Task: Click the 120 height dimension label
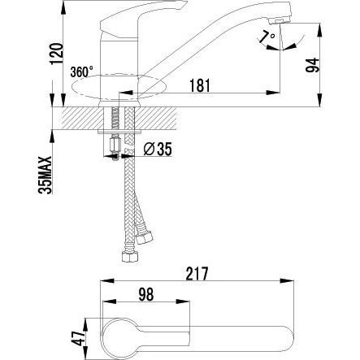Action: coord(56,54)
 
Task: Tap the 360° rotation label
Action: coord(81,72)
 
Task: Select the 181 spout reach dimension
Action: coord(200,85)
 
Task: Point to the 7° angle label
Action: coord(267,37)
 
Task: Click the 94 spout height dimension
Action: coord(313,65)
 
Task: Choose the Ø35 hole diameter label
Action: coord(158,149)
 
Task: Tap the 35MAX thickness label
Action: coord(46,175)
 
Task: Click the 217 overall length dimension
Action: coord(197,274)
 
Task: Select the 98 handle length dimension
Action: coord(146,294)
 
